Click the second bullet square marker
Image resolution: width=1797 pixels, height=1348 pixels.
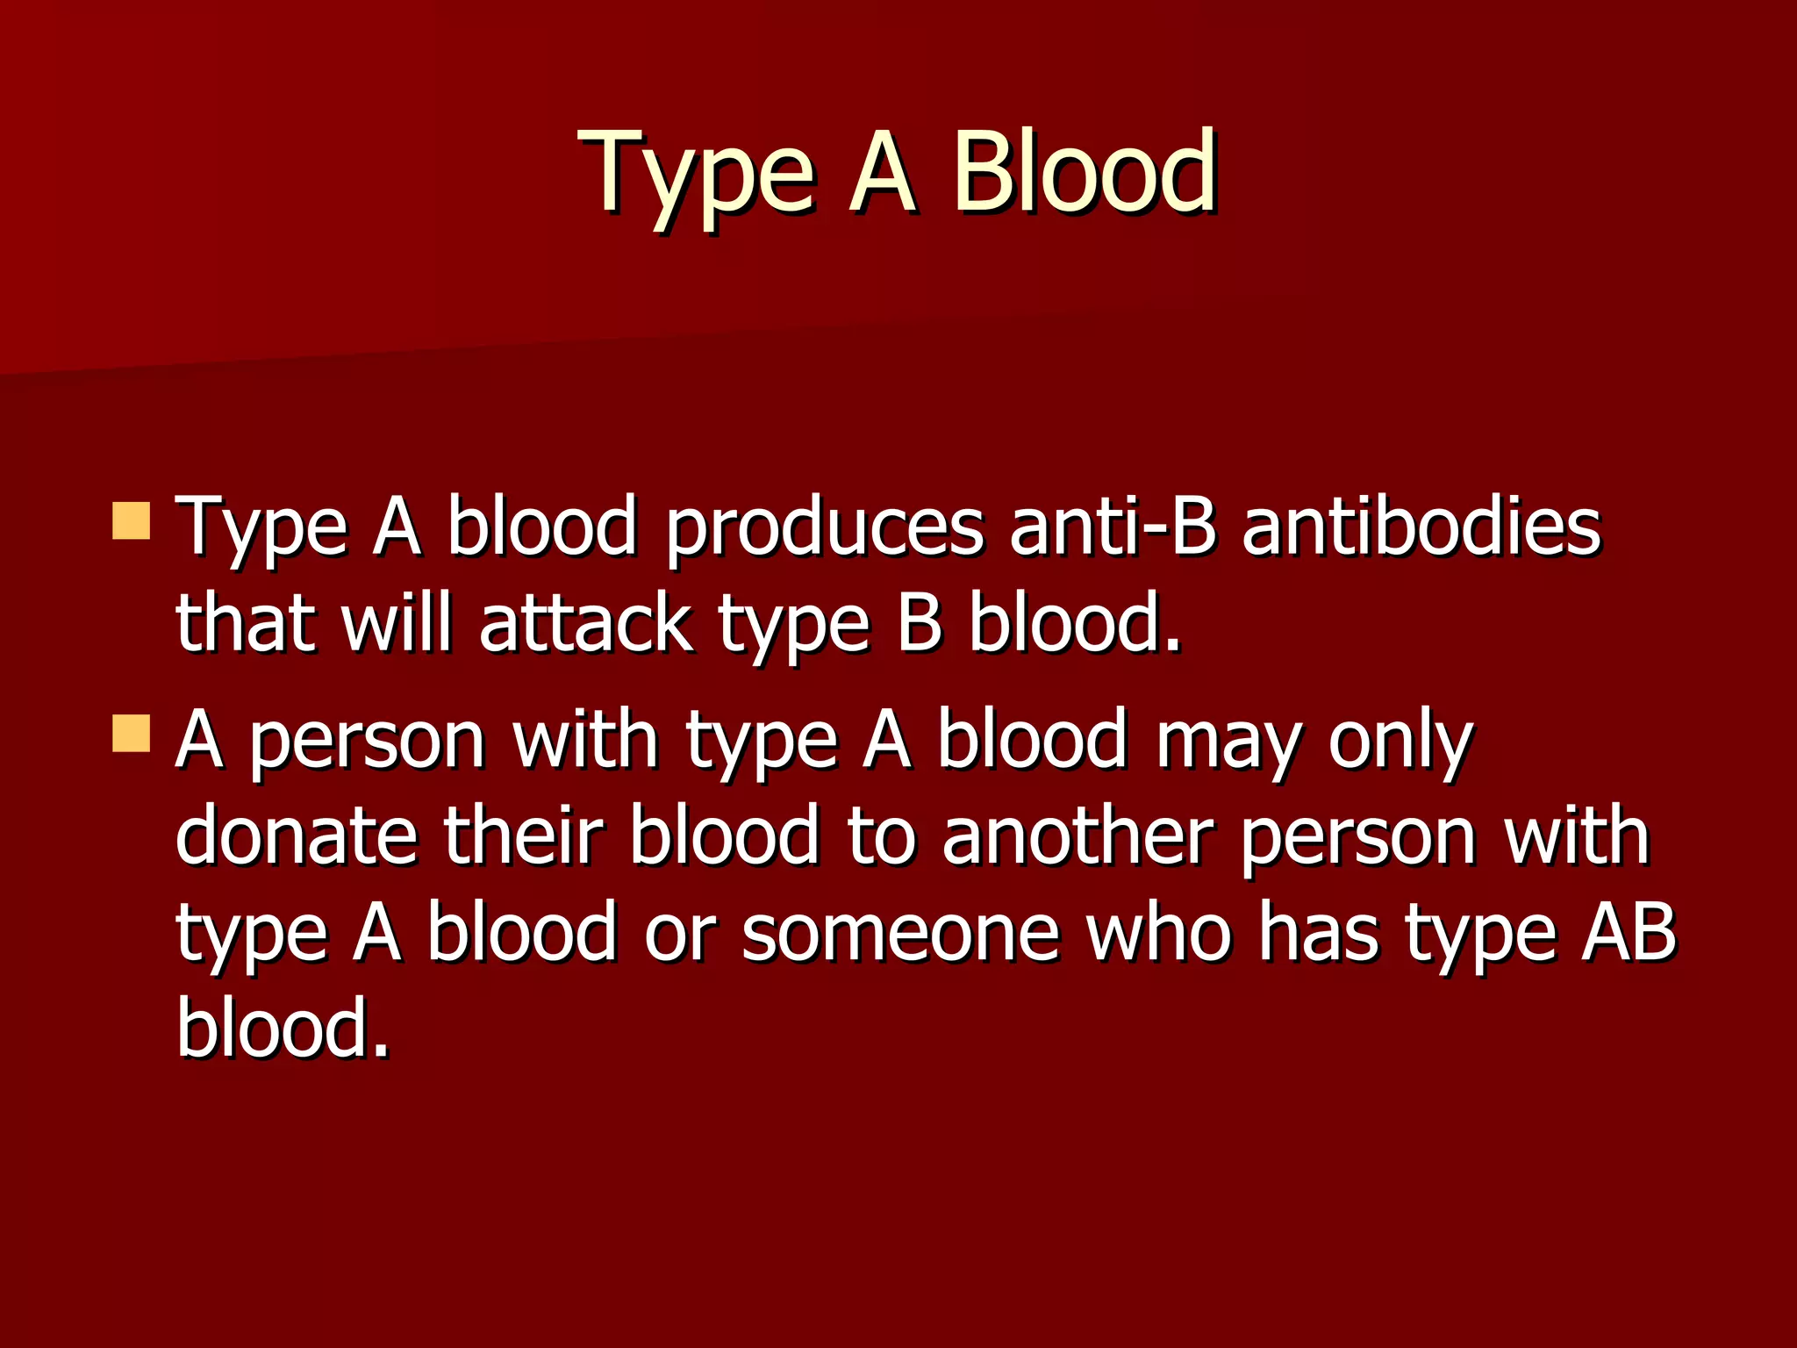point(132,733)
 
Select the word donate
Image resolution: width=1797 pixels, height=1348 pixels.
point(297,835)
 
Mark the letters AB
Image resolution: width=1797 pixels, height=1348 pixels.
point(1628,932)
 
